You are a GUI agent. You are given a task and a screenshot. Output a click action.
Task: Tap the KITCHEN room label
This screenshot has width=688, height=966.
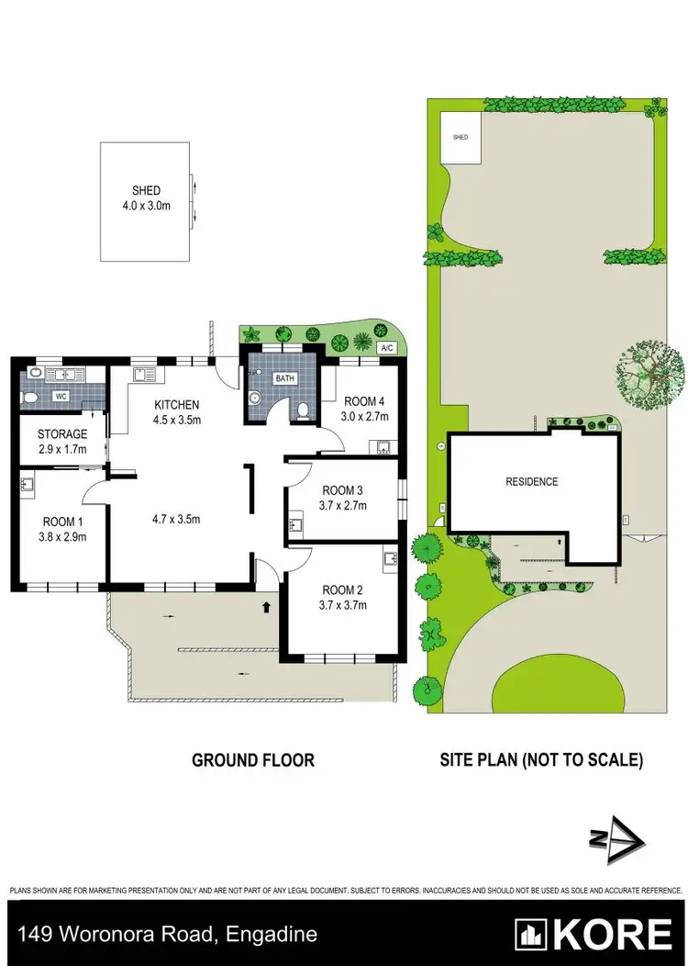pos(176,405)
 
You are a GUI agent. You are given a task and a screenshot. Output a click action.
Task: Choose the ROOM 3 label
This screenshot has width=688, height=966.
pos(343,497)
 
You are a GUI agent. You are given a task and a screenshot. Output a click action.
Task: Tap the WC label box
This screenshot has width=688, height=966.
pos(62,396)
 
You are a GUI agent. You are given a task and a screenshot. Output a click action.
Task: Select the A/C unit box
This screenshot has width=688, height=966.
pos(386,348)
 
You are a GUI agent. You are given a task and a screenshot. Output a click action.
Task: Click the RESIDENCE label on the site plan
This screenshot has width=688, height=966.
pos(532,481)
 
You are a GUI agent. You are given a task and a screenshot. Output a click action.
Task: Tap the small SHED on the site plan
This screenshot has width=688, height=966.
pos(461,138)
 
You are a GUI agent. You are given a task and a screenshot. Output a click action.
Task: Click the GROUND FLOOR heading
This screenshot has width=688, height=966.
pos(253,760)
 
